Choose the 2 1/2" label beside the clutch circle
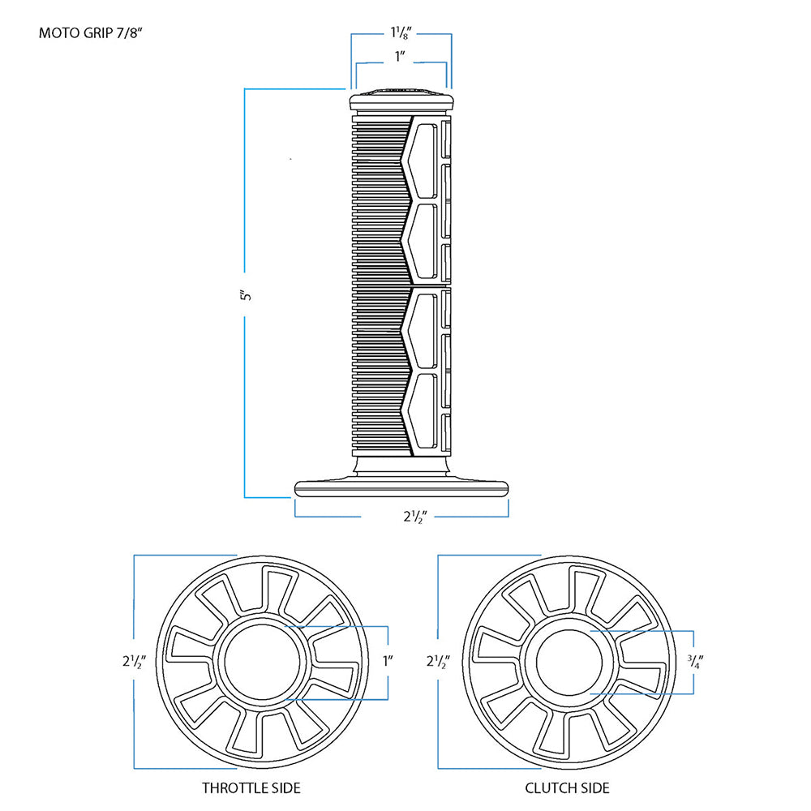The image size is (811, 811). pos(436,661)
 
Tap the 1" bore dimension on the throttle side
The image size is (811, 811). pos(388,661)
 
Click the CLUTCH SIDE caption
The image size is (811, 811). pos(567,787)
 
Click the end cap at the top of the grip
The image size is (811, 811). pos(401,99)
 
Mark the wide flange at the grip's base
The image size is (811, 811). pos(401,488)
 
